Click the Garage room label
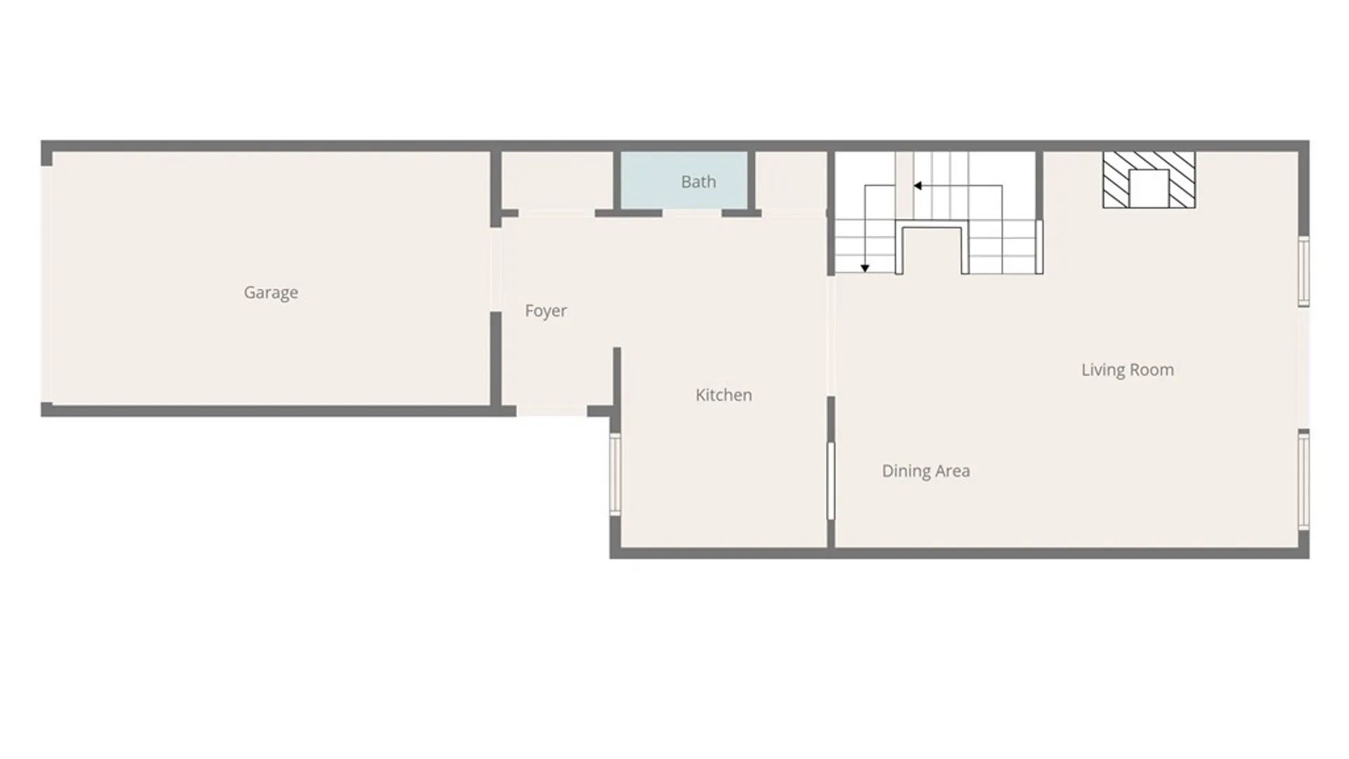pos(271,292)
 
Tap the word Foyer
pos(546,311)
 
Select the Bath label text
pos(698,182)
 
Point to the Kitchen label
pos(724,395)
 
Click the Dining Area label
pos(926,471)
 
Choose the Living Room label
pos(1128,370)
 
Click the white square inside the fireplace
pos(1149,188)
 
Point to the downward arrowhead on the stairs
pos(865,268)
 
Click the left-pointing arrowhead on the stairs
pos(918,186)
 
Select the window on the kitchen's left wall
pos(615,474)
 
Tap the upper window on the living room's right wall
pos(1303,271)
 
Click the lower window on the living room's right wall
pos(1303,480)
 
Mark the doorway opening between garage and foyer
pos(496,269)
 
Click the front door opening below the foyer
pos(552,411)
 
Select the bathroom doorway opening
pos(692,213)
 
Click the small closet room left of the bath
pos(557,180)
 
